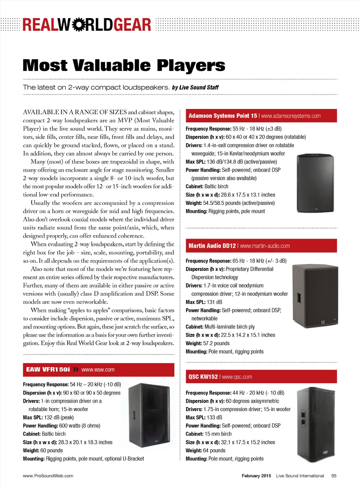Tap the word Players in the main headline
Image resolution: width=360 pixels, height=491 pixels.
tap(191, 66)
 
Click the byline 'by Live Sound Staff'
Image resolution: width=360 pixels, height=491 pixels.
tap(195, 88)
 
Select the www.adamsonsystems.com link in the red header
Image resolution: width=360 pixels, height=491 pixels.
tap(291, 116)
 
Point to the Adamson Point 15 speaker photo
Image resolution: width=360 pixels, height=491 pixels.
tap(315, 183)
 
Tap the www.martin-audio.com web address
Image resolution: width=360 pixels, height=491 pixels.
tap(265, 246)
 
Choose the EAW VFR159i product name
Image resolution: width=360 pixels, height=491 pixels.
tap(48, 369)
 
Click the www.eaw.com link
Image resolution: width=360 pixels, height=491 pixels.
tap(98, 370)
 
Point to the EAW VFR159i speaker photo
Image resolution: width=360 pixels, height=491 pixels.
tap(149, 415)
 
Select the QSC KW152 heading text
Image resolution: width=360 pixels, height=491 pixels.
tap(203, 377)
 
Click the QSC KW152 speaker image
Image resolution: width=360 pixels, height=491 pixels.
tap(316, 424)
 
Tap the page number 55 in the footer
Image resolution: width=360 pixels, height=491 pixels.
tap(334, 476)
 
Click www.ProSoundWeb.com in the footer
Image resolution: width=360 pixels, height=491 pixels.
tap(48, 476)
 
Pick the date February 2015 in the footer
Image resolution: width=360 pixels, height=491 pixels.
tap(256, 476)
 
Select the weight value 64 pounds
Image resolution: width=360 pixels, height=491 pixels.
tap(214, 451)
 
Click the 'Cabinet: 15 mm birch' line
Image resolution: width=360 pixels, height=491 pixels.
tap(208, 434)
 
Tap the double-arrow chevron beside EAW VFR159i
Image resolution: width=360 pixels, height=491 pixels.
tap(76, 369)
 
